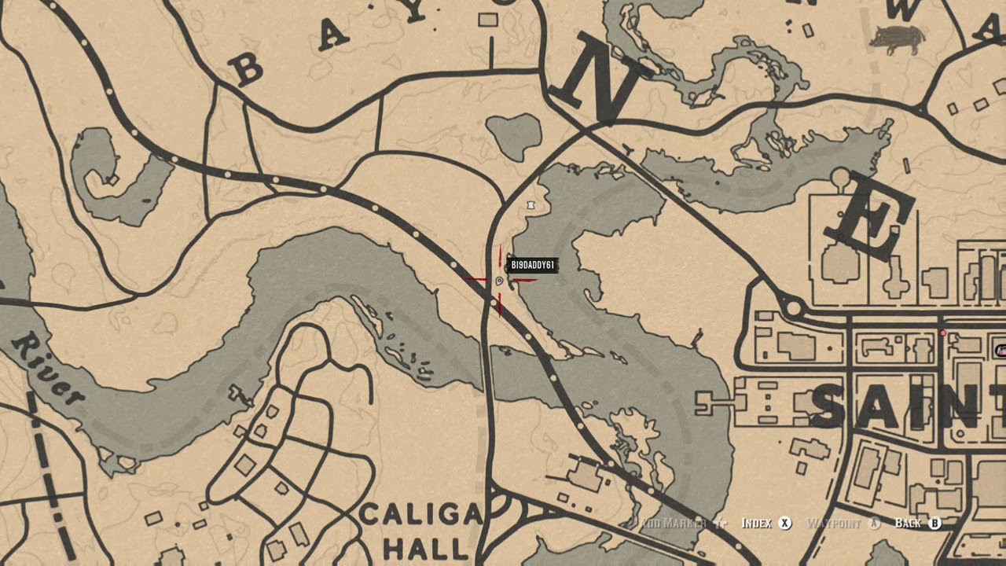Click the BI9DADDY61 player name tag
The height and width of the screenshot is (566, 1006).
click(x=533, y=265)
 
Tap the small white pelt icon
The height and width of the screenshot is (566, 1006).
click(x=532, y=205)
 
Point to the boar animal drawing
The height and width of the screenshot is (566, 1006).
click(x=897, y=39)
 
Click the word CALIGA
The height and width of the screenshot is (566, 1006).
click(x=420, y=515)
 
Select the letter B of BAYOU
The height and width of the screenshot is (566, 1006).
click(x=248, y=71)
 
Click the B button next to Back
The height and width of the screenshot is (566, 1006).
click(x=934, y=524)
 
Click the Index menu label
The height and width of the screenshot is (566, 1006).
click(x=757, y=524)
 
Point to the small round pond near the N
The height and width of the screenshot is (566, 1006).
click(x=515, y=134)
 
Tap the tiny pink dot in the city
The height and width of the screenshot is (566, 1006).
click(x=943, y=333)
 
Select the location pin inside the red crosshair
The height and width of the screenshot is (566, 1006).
click(x=500, y=280)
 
